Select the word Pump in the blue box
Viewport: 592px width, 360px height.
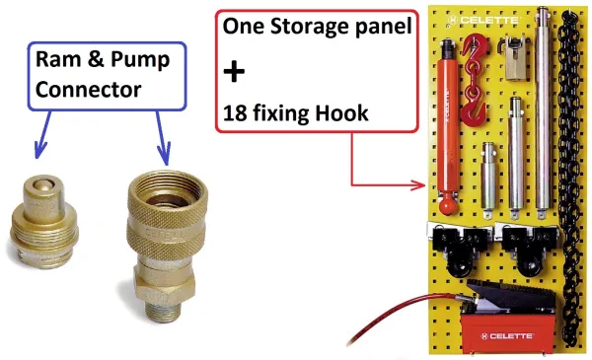140,60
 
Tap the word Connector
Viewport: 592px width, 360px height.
89,90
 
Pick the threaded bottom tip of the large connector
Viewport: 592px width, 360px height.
162,311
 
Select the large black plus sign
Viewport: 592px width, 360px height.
234,71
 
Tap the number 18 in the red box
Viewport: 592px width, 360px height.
235,112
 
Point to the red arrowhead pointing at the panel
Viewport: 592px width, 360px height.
418,185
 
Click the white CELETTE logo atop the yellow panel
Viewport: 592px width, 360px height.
483,20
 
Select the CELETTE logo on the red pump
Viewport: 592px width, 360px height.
507,336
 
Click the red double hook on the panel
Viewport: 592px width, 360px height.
474,79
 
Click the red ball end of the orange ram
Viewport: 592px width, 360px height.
448,206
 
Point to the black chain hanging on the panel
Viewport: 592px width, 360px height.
569,178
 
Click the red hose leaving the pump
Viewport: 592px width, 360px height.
401,315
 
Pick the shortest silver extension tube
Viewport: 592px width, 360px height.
488,178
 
